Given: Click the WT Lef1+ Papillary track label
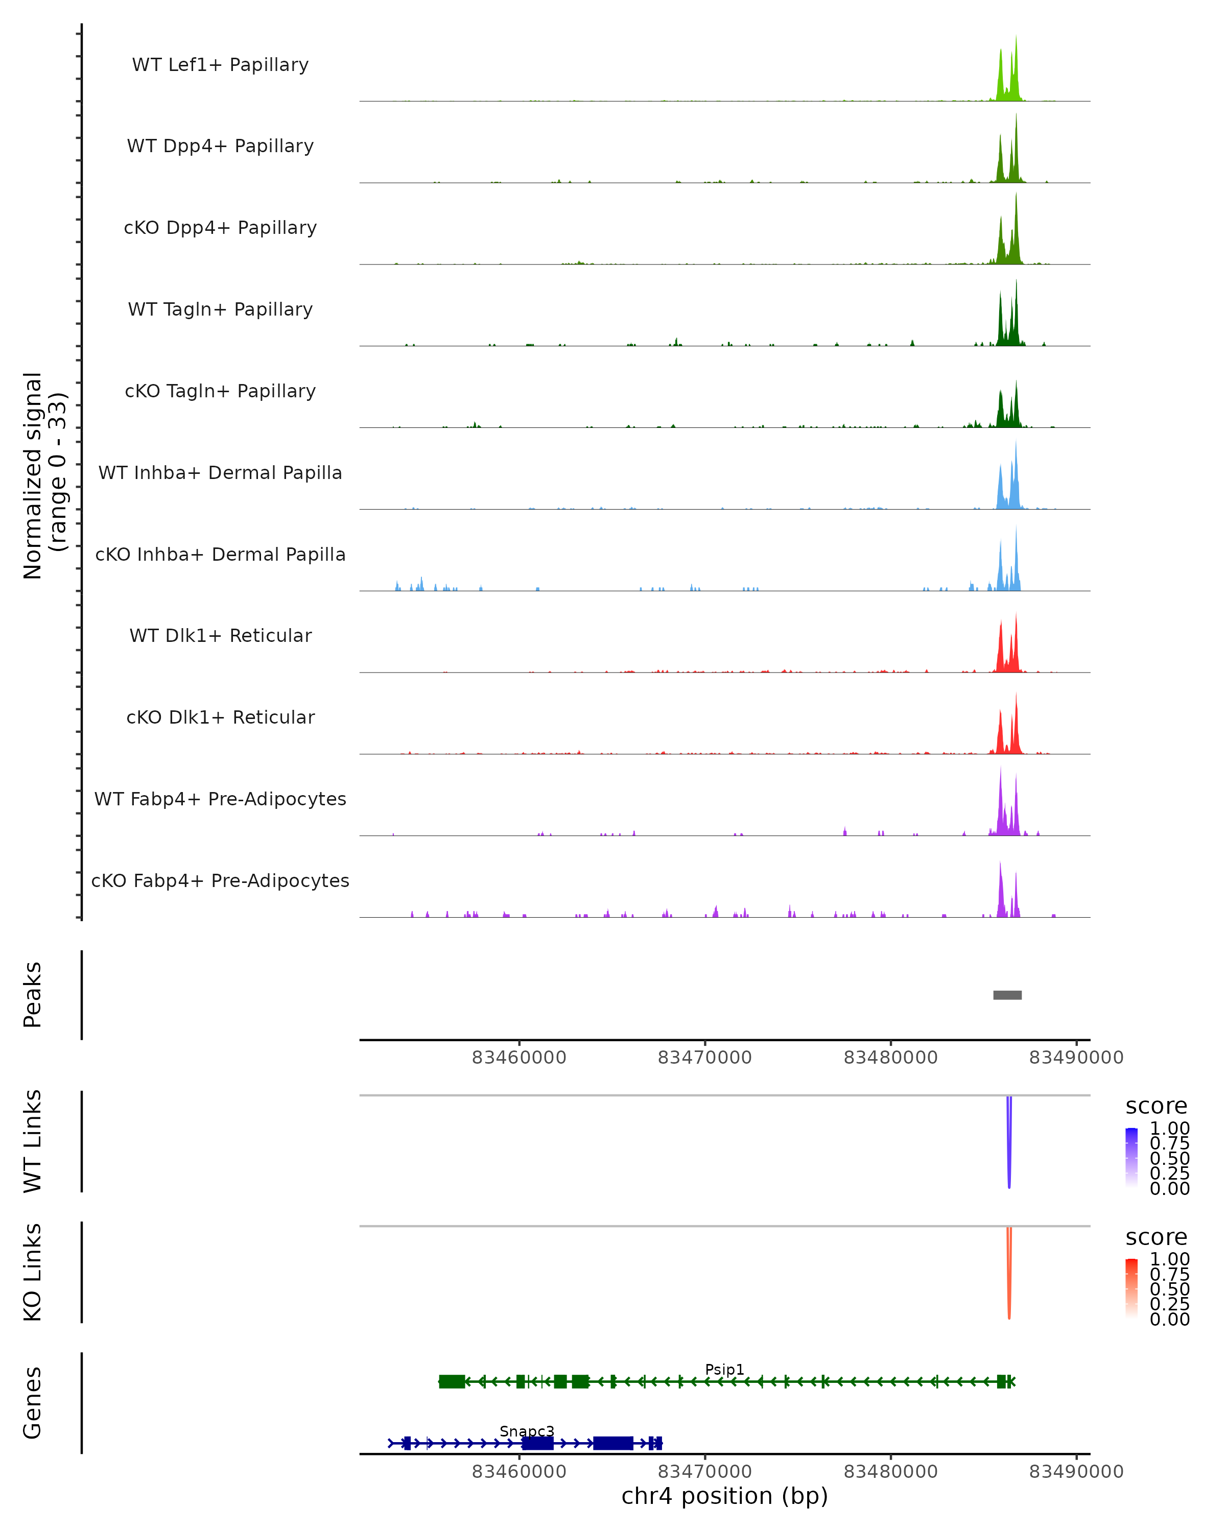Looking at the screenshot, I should pos(220,65).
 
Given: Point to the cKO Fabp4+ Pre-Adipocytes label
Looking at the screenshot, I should pos(220,880).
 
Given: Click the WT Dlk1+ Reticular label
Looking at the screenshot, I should pos(220,635).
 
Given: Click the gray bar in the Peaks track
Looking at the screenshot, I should pos(1007,995).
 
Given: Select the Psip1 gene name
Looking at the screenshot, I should pos(724,1369).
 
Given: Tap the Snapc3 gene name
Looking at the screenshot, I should pos(527,1431).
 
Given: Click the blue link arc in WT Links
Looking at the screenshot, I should pos(1008,1144).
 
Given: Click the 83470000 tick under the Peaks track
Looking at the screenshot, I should pos(704,1058).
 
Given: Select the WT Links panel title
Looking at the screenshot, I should pos(33,1140).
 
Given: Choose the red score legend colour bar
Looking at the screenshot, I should pos(1131,1288).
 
